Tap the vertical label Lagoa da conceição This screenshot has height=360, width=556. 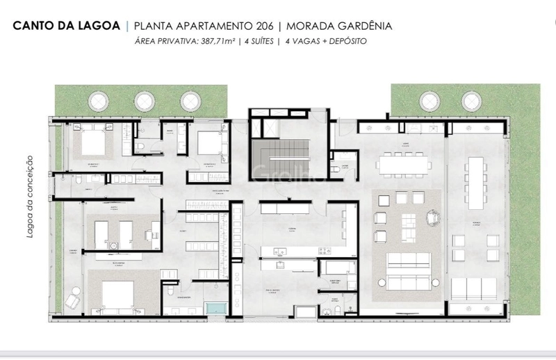(31, 202)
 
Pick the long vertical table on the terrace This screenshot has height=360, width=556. (476, 182)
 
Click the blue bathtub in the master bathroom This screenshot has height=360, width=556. (216, 309)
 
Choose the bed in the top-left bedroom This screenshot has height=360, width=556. (91, 144)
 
